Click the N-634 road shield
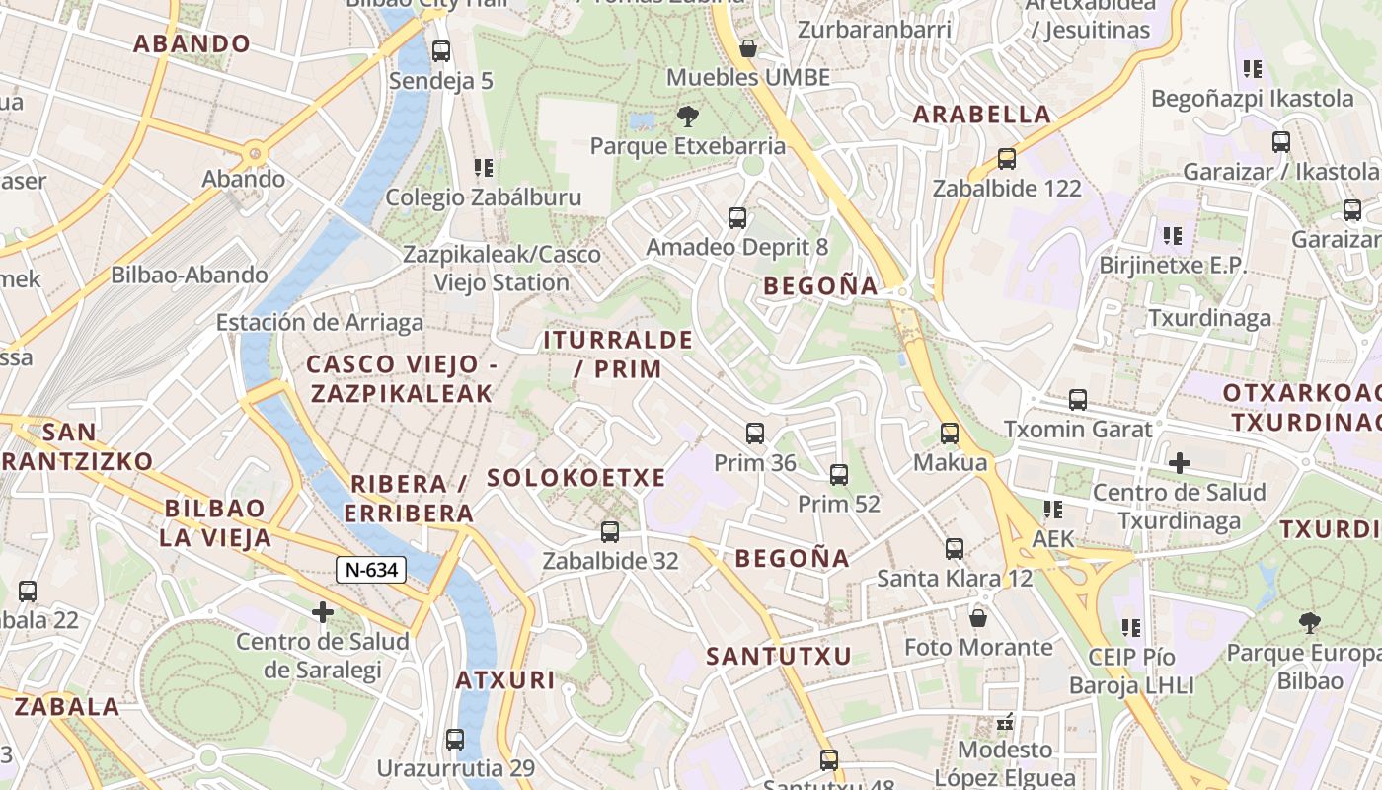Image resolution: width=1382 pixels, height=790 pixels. pos(371,569)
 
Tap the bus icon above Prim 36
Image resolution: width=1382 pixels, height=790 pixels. pos(755,433)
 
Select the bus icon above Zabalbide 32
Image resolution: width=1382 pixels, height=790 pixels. pos(610,531)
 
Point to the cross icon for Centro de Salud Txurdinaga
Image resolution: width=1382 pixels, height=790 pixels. pos(1179,462)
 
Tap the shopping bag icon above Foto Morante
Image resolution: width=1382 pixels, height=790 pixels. pos(978,618)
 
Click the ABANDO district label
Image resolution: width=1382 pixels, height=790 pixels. pos(192,43)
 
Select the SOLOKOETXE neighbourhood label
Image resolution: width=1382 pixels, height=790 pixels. pos(576,478)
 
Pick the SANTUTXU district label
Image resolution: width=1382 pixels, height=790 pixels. pos(779,656)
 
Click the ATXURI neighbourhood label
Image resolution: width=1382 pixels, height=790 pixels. pos(505,679)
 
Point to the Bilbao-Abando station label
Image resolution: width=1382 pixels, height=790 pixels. pos(190,275)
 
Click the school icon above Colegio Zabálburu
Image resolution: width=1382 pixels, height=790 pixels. pos(483,168)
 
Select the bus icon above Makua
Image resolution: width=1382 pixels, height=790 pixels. pos(950,433)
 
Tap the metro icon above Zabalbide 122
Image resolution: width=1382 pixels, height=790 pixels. pos(1007,158)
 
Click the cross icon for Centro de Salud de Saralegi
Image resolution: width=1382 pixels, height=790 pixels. pos(323,612)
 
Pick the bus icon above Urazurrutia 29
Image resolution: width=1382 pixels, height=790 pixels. pos(455,739)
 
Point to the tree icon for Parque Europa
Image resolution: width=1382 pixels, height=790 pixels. pos(1310,622)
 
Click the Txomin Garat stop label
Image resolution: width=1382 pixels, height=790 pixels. pos(1078,430)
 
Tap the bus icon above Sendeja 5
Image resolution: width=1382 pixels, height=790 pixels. pos(441,50)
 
